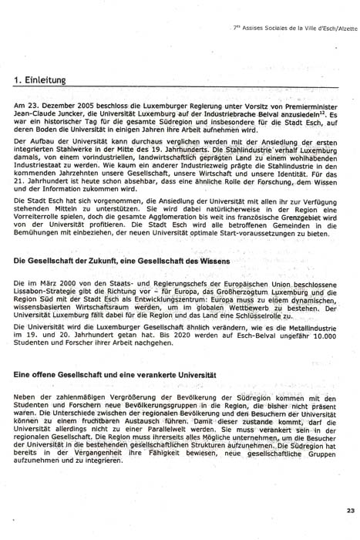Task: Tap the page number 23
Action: pyautogui.click(x=351, y=510)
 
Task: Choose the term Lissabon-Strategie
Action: pyautogui.click(x=47, y=294)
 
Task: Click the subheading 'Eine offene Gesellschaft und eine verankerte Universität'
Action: pyautogui.click(x=110, y=374)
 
